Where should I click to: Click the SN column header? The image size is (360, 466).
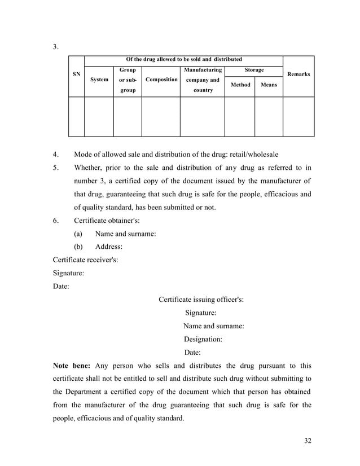pos(76,74)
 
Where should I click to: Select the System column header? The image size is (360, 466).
pos(99,80)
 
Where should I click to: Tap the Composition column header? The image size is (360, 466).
pos(161,80)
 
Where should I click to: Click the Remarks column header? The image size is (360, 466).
pos(298,74)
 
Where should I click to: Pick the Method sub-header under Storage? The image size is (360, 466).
pos(240,85)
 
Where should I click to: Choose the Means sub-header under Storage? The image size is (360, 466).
pos(269,85)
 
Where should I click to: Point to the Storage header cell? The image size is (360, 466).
pos(254,70)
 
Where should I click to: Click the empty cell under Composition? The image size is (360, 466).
pos(161,117)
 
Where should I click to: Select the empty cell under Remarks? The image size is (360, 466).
pos(298,117)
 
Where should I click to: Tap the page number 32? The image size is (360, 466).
pos(307,441)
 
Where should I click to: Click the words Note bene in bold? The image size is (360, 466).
pos(71,365)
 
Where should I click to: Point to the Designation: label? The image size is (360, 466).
pos(203,339)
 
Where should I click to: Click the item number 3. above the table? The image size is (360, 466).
pos(56,47)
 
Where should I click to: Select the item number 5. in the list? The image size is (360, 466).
pos(56,168)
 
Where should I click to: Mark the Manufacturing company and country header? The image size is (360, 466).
pos(202,80)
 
